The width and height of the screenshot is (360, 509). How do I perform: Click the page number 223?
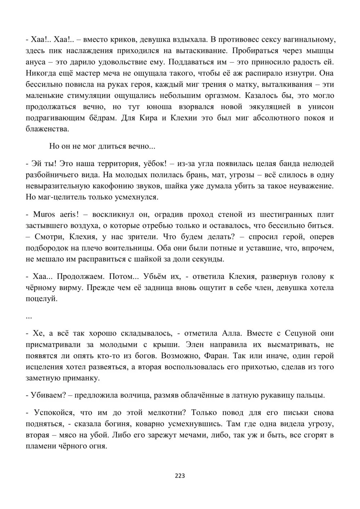180,476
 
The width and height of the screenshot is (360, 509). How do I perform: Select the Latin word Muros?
44,215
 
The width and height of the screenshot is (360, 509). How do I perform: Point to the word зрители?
140,237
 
